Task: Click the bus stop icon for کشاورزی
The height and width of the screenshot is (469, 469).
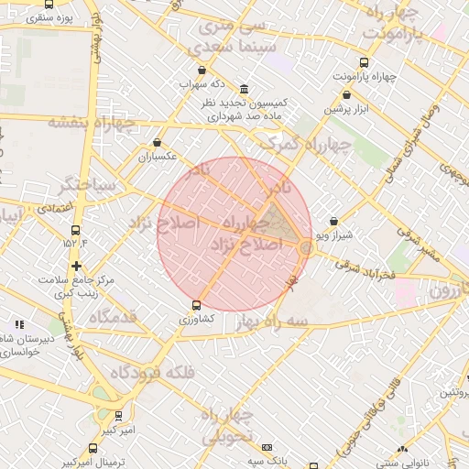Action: pyautogui.click(x=196, y=305)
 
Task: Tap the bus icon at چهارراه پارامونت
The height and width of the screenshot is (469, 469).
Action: pyautogui.click(x=365, y=63)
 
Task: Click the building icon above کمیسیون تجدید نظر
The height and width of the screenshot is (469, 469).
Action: pyautogui.click(x=243, y=89)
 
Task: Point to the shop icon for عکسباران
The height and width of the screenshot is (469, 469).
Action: pyautogui.click(x=158, y=143)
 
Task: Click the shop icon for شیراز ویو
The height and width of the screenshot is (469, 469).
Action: pyautogui.click(x=332, y=221)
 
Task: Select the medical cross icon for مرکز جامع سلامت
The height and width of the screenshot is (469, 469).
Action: pyautogui.click(x=75, y=266)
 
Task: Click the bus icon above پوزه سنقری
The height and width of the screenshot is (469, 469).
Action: pyautogui.click(x=49, y=4)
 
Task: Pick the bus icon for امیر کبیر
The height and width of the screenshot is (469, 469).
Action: pyautogui.click(x=118, y=415)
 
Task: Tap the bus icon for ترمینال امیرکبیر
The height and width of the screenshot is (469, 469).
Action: pyautogui.click(x=93, y=448)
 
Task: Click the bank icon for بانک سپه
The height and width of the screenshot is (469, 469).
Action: pyautogui.click(x=267, y=447)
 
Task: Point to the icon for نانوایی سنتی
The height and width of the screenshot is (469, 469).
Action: pyautogui.click(x=402, y=449)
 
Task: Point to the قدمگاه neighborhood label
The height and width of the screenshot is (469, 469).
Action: pyautogui.click(x=112, y=317)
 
